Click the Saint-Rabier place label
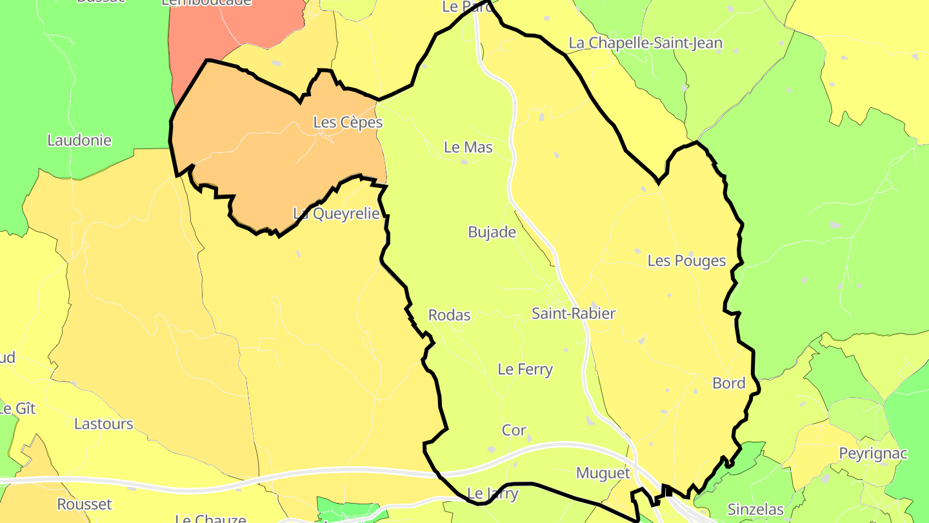pyautogui.click(x=573, y=314)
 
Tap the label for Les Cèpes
pyautogui.click(x=348, y=122)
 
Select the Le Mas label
pyautogui.click(x=468, y=147)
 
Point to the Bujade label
pyautogui.click(x=492, y=232)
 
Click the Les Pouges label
pyautogui.click(x=686, y=261)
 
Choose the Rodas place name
pyautogui.click(x=449, y=315)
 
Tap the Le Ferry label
pyautogui.click(x=525, y=369)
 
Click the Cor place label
pyautogui.click(x=514, y=430)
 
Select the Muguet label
pyautogui.click(x=603, y=473)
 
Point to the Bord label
pyautogui.click(x=728, y=384)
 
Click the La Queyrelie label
pyautogui.click(x=336, y=214)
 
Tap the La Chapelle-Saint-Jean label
pyautogui.click(x=645, y=43)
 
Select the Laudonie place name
pyautogui.click(x=79, y=140)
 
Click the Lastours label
pyautogui.click(x=103, y=424)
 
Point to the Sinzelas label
pyautogui.click(x=755, y=509)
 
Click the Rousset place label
pyautogui.click(x=85, y=504)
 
